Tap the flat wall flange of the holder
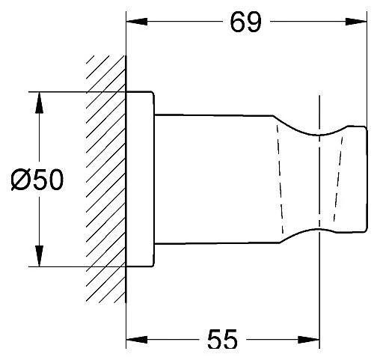[140, 180]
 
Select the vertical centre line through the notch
[319, 180]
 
